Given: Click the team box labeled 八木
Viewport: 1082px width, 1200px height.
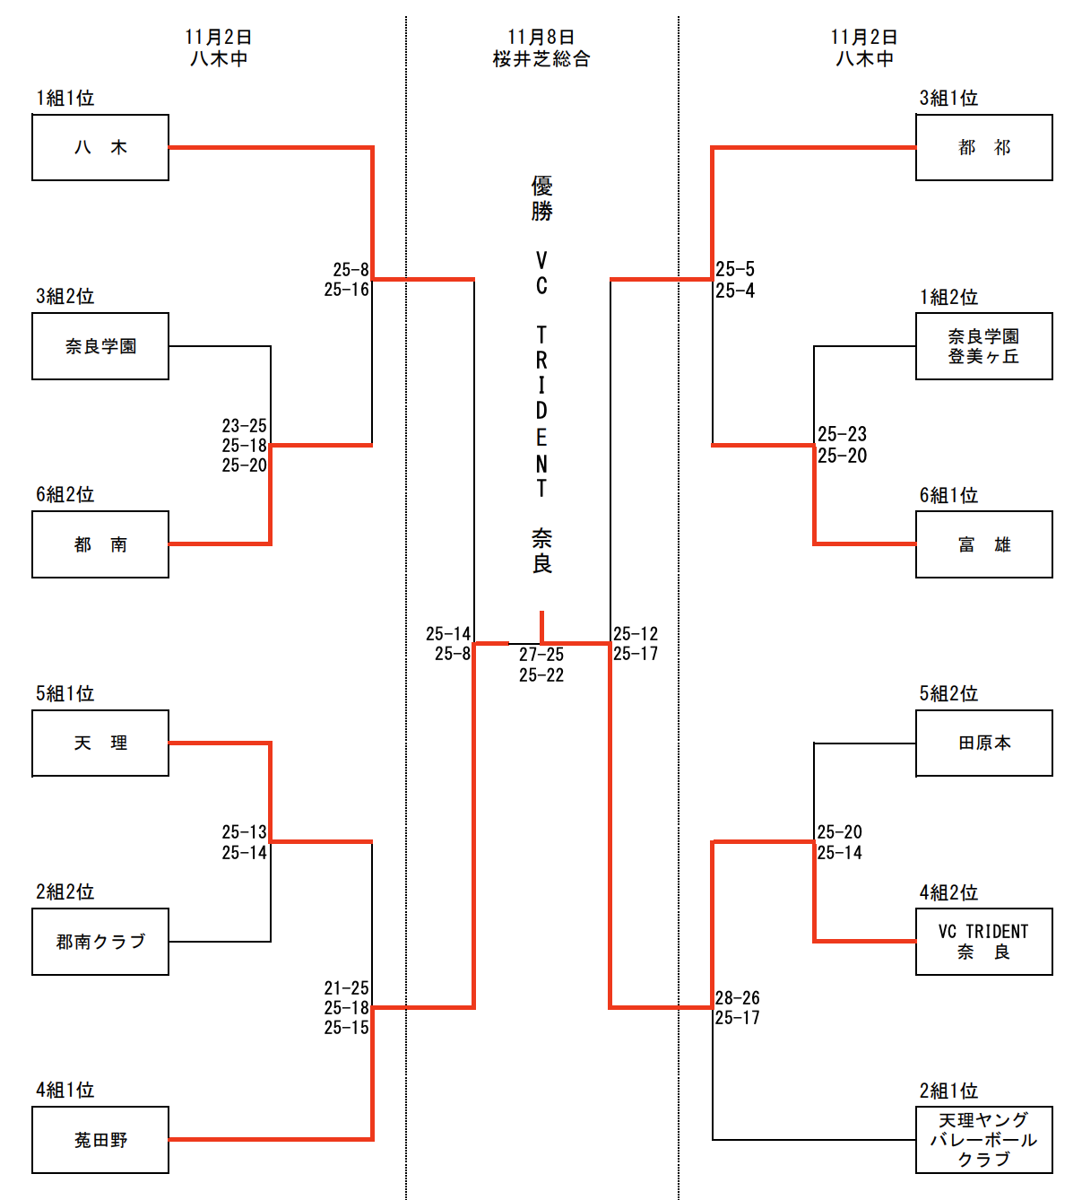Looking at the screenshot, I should (x=100, y=148).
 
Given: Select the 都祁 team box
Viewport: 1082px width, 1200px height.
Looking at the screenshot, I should (x=983, y=148).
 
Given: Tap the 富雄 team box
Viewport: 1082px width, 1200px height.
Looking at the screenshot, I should (x=983, y=544).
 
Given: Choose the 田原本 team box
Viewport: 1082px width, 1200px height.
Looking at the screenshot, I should (x=983, y=743).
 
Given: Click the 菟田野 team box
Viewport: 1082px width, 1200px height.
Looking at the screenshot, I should (x=100, y=1140).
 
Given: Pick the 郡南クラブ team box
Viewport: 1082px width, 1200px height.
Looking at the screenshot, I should (x=100, y=942).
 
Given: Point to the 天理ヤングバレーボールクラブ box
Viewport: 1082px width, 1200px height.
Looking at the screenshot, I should (x=983, y=1140).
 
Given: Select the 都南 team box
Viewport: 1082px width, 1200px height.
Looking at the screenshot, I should (x=100, y=544).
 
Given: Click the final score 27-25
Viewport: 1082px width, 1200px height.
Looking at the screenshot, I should (x=541, y=655).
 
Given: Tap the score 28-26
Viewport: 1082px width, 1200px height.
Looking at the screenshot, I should (x=738, y=998).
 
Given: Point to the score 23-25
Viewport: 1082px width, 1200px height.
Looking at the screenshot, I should (x=245, y=426).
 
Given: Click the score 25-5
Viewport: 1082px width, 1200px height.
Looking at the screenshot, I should (x=735, y=269).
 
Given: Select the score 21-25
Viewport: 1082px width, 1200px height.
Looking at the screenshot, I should (x=346, y=988).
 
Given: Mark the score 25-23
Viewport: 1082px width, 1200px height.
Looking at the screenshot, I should (x=842, y=434).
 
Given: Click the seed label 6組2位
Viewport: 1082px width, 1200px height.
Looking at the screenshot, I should (x=65, y=495).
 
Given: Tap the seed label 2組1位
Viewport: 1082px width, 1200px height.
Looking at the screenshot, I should (x=948, y=1091).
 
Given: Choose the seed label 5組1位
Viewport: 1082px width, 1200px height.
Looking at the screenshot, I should (x=65, y=693).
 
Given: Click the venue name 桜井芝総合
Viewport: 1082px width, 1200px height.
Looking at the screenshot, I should (x=541, y=59).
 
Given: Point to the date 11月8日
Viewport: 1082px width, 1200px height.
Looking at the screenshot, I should (x=541, y=37).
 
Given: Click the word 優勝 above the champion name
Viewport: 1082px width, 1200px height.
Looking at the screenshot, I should (x=541, y=198).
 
